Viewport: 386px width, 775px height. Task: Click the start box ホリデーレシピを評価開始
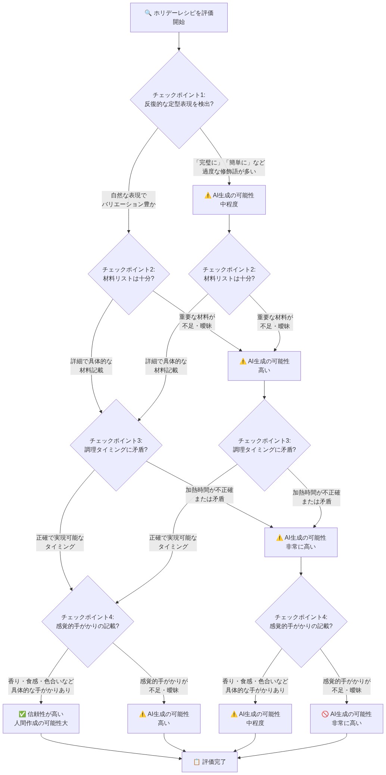(x=179, y=18)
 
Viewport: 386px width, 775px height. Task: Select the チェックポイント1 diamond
(x=179, y=100)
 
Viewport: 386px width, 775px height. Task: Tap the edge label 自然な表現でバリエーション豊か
(x=128, y=200)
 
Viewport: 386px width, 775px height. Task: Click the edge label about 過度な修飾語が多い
(x=229, y=167)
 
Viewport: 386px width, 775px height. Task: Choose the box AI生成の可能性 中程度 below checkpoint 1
(x=229, y=200)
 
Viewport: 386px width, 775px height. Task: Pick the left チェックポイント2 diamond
(x=129, y=274)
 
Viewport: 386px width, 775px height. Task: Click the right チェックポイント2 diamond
(x=229, y=274)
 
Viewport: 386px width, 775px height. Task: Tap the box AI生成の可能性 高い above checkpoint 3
(x=264, y=366)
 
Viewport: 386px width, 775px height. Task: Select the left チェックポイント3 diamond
(x=116, y=445)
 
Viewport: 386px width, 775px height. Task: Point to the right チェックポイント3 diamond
(x=264, y=445)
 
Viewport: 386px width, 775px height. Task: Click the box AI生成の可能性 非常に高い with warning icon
(x=301, y=542)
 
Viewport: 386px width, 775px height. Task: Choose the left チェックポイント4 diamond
(x=88, y=621)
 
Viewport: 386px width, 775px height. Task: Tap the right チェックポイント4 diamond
(x=301, y=621)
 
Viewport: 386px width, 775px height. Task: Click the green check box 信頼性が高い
(x=41, y=718)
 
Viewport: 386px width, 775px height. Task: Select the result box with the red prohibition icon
(x=346, y=718)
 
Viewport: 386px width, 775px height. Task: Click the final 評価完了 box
(x=209, y=762)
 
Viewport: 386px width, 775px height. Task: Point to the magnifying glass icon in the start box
(x=148, y=13)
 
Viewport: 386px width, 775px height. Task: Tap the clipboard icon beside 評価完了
(x=197, y=762)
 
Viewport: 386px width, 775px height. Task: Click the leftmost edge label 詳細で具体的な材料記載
(x=91, y=366)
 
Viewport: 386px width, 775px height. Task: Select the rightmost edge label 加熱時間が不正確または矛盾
(x=316, y=497)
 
